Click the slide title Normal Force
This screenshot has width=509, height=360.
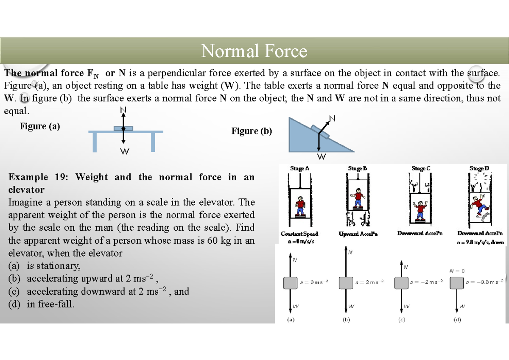pyautogui.click(x=254, y=51)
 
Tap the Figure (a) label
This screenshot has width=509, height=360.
pyautogui.click(x=40, y=126)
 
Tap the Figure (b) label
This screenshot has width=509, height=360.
pyautogui.click(x=252, y=131)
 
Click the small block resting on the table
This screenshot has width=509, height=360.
pyautogui.click(x=123, y=128)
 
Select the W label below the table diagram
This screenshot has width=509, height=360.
pyautogui.click(x=124, y=151)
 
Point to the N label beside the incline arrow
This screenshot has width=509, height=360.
pyautogui.click(x=332, y=118)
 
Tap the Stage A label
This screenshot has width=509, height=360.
pyautogui.click(x=299, y=168)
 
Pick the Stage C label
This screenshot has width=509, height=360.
pyautogui.click(x=421, y=168)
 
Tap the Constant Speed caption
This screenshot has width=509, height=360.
pyautogui.click(x=299, y=234)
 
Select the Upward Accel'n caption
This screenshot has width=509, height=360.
pyautogui.click(x=358, y=234)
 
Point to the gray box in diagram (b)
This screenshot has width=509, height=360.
pyautogui.click(x=346, y=282)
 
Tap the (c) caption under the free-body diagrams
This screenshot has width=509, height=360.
pyautogui.click(x=401, y=320)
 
